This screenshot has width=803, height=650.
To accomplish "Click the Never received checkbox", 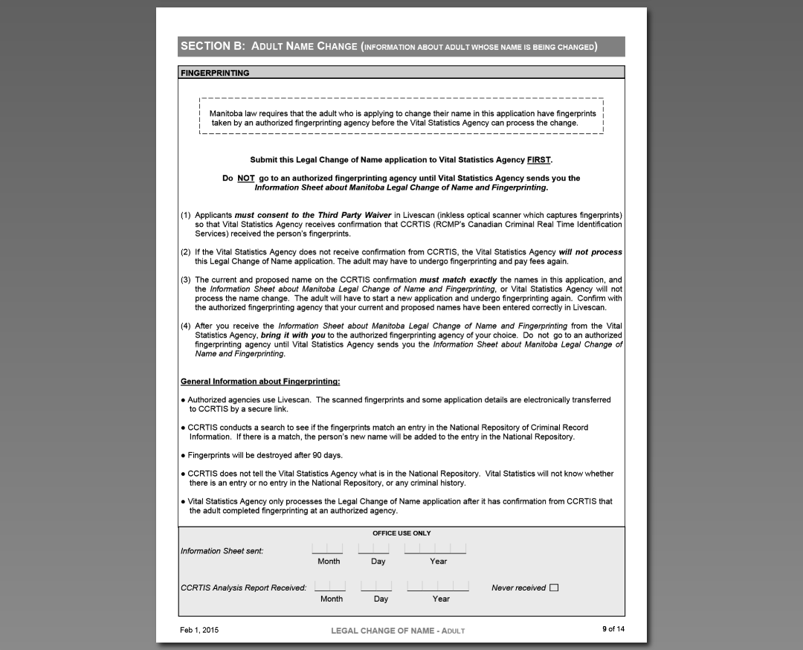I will (554, 588).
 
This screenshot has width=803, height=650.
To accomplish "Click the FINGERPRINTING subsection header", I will (215, 73).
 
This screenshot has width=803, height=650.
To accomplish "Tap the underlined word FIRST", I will (538, 160).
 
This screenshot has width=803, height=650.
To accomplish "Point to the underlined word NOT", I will (246, 178).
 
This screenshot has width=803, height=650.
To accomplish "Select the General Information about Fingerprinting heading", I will (260, 382).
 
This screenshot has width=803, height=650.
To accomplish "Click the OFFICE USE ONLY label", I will (401, 533).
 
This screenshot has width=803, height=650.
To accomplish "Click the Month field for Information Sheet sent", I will (328, 549).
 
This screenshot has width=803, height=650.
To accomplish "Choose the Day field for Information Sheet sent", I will (373, 549).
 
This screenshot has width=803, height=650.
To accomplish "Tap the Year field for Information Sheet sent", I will (435, 549).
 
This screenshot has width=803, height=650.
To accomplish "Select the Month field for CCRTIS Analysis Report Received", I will (330, 586).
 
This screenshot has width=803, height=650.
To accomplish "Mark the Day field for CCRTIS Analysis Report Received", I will (376, 586).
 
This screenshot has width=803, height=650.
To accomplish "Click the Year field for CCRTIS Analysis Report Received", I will (438, 586).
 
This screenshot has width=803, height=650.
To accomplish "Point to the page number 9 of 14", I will (613, 629).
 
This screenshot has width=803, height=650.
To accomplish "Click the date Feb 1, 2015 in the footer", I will (199, 630).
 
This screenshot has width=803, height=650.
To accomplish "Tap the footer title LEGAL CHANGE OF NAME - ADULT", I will (398, 631).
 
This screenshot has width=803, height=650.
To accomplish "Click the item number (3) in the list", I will (186, 280).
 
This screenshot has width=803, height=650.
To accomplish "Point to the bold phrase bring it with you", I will (293, 335).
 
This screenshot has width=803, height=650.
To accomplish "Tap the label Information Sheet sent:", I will (222, 551).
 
